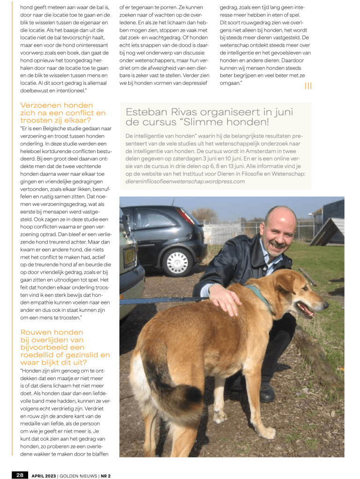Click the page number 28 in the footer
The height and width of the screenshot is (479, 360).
click(x=20, y=474)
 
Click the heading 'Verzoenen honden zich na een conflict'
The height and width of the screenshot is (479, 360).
click(x=63, y=113)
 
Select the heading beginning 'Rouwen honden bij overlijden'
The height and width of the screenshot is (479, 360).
click(x=65, y=347)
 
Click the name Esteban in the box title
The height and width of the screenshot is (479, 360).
click(x=145, y=112)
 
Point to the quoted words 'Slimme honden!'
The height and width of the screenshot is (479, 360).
click(x=239, y=122)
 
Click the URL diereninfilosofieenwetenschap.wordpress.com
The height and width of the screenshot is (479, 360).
click(x=185, y=181)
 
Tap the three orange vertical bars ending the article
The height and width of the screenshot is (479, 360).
click(x=308, y=86)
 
